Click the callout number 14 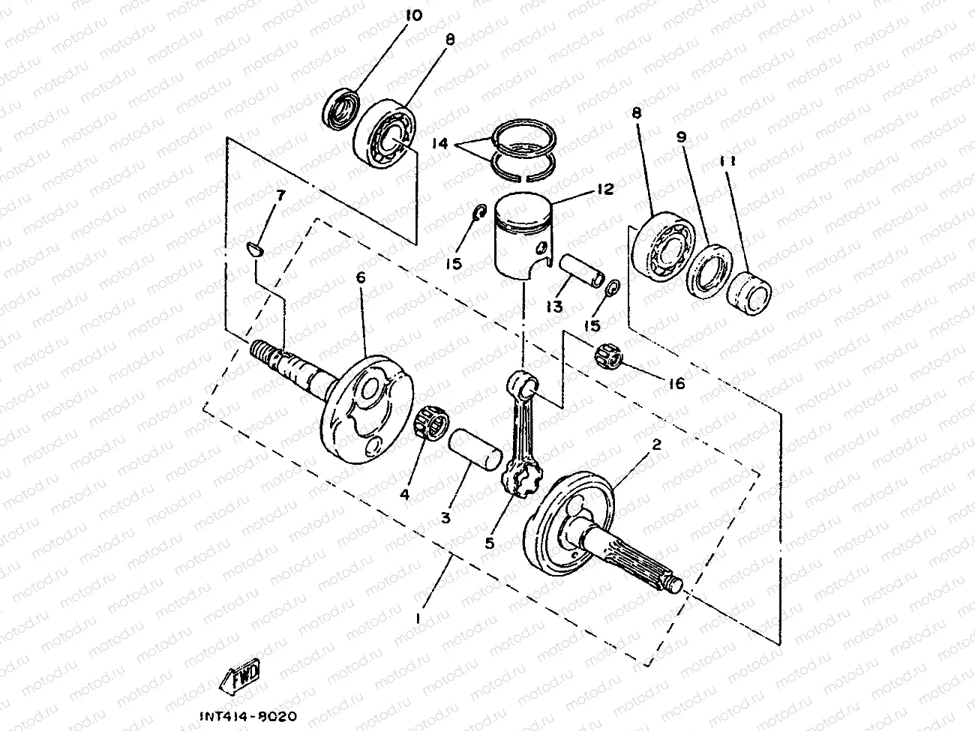click(x=440, y=143)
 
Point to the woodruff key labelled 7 click(x=255, y=248)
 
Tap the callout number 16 click(x=676, y=384)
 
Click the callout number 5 click(x=490, y=542)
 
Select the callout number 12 click(x=605, y=190)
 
